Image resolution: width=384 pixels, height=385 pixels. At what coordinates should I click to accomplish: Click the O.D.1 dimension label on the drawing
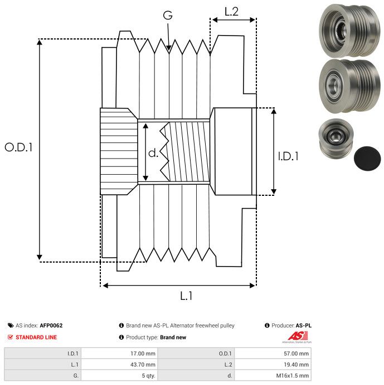[18, 147]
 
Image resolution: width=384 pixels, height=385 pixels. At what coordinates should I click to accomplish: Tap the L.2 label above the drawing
[231, 12]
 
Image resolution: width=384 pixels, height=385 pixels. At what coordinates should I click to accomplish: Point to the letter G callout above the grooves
[168, 15]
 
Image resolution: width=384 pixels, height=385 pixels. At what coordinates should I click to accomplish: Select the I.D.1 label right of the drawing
[288, 156]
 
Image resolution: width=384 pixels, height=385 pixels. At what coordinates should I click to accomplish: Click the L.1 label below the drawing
[186, 295]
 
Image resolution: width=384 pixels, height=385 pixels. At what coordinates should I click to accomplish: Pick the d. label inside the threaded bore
[153, 153]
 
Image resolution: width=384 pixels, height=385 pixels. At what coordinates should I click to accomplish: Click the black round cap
[367, 159]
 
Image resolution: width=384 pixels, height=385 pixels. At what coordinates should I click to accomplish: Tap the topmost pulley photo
[349, 31]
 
